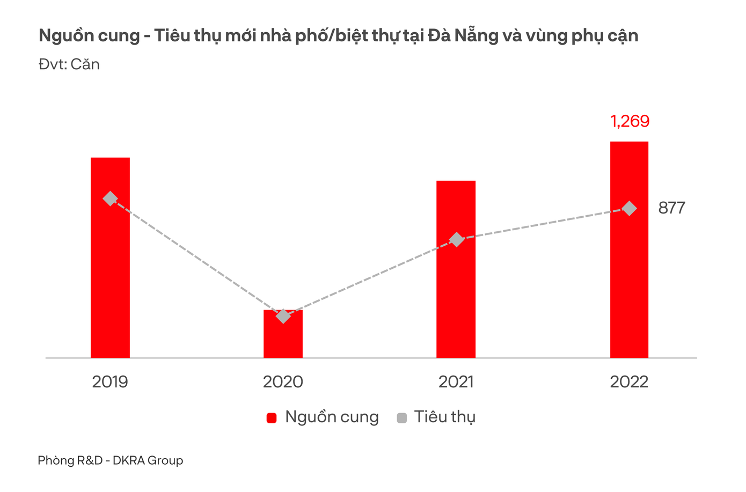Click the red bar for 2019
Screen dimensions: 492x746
click(x=110, y=279)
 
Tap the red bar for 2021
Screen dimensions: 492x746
click(x=456, y=300)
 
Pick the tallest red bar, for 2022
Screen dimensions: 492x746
click(x=629, y=279)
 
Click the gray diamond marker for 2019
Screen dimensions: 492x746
click(x=110, y=199)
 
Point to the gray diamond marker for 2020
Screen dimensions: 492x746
click(x=283, y=316)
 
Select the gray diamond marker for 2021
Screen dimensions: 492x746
click(x=456, y=239)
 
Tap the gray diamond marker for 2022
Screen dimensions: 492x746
click(x=629, y=208)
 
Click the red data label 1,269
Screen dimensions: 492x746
click(x=630, y=121)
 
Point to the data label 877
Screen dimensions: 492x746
click(x=671, y=208)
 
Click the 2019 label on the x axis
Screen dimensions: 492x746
click(x=110, y=381)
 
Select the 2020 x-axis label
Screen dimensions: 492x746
click(x=283, y=381)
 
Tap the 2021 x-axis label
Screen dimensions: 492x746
click(x=456, y=381)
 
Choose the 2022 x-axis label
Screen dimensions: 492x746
click(x=629, y=381)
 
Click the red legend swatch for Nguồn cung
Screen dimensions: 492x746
click(x=272, y=418)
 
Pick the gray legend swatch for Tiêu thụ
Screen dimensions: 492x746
click(x=401, y=418)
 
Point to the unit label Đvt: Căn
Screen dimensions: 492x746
click(x=69, y=64)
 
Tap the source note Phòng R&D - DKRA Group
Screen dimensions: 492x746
click(x=110, y=460)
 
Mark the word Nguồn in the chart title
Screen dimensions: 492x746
click(x=62, y=36)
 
